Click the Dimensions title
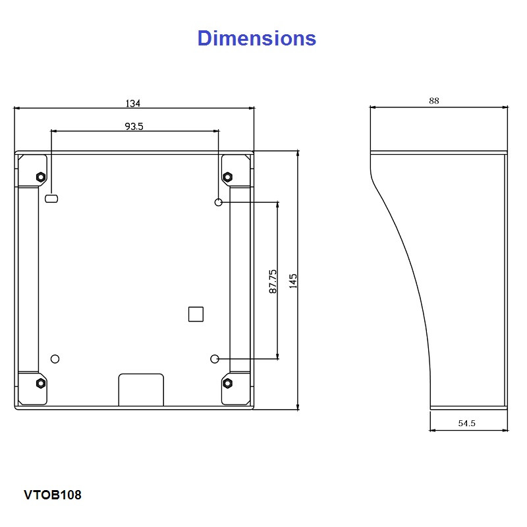point(256,38)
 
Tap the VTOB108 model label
point(53,495)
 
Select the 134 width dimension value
point(133,103)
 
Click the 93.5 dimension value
point(134,126)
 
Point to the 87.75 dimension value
point(273,281)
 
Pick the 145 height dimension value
point(292,281)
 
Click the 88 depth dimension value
point(434,101)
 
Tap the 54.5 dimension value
point(467,423)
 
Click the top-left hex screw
point(41,177)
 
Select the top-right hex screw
point(227,177)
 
